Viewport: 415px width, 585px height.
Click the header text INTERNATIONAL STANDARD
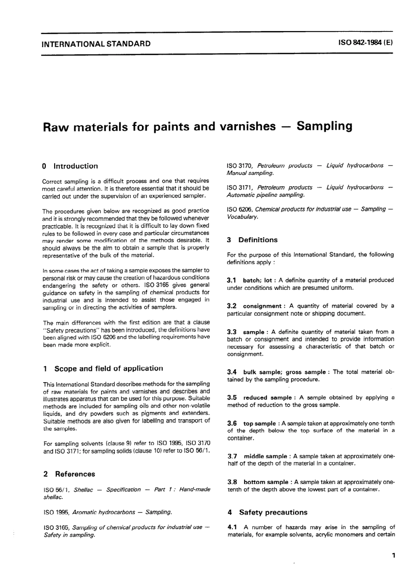click(x=96, y=44)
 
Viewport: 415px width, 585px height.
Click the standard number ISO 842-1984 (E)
click(x=366, y=43)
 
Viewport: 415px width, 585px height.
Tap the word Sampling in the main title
click(x=324, y=126)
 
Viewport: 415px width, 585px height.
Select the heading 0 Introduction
click(x=70, y=166)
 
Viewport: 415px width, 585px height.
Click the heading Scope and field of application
click(x=108, y=369)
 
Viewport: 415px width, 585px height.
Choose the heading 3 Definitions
click(x=252, y=240)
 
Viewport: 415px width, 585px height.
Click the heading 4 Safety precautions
click(x=267, y=512)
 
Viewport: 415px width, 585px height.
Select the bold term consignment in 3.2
click(x=262, y=306)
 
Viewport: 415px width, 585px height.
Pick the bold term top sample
click(x=259, y=424)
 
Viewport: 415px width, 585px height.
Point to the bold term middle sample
click(x=265, y=456)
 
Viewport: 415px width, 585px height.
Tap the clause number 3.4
click(x=232, y=372)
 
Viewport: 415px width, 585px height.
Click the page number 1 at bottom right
click(x=393, y=556)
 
